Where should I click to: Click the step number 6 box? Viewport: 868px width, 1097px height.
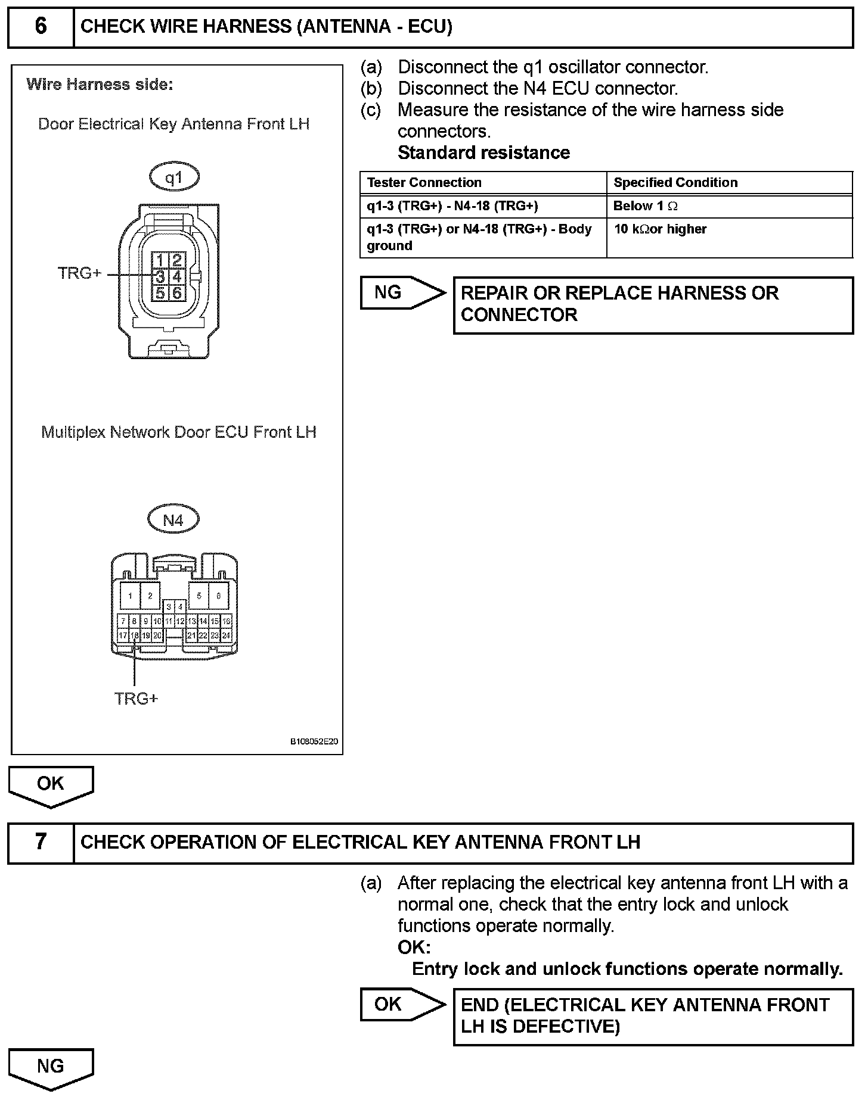point(41,27)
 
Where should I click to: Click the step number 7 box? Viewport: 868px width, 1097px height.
point(41,842)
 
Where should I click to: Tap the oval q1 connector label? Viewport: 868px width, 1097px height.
point(173,177)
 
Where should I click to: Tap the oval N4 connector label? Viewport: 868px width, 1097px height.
point(173,520)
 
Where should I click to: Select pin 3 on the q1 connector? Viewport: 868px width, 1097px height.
point(160,276)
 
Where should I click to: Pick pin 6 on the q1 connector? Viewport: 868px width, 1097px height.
point(177,293)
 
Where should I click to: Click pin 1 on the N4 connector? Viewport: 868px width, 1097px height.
point(130,596)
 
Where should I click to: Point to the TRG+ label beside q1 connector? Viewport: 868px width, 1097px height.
point(79,273)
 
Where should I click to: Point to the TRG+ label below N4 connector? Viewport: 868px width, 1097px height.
point(137,699)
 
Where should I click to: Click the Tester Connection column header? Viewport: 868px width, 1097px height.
point(424,183)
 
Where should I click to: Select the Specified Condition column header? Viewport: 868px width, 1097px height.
point(675,183)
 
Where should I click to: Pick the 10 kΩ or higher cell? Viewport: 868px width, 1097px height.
point(660,229)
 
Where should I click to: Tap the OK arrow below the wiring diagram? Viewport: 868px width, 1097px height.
point(51,785)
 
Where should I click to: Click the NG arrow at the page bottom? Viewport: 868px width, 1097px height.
point(51,1067)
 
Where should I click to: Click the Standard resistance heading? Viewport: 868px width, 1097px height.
point(483,153)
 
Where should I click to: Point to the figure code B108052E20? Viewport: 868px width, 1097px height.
point(314,742)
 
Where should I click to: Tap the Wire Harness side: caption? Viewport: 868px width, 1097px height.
point(100,85)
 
